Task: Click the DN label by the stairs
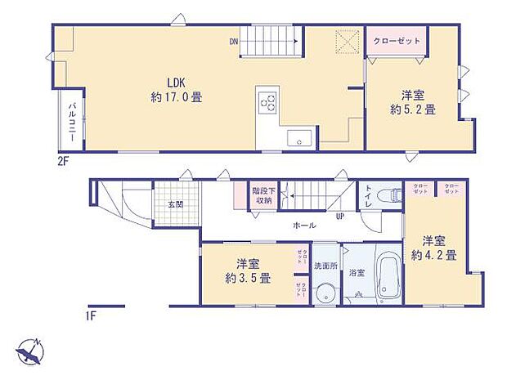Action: coord(234,41)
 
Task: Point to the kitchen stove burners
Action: coord(268,102)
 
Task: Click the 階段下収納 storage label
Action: coord(263,195)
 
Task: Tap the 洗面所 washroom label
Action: coord(325,266)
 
